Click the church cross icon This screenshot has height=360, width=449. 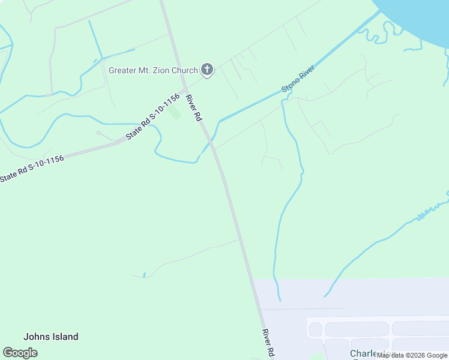click(207, 70)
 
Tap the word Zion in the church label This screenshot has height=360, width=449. click(161, 71)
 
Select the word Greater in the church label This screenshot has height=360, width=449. click(122, 71)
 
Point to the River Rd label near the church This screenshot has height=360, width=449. click(193, 109)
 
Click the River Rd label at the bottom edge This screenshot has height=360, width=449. click(268, 342)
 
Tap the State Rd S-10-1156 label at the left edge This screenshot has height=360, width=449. click(31, 167)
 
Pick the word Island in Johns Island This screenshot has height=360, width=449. click(65, 337)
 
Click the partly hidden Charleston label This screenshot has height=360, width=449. click(372, 353)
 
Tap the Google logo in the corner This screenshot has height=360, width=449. click(20, 353)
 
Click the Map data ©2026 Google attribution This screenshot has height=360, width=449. click(412, 355)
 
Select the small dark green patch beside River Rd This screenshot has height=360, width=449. click(174, 112)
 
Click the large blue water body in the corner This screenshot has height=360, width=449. click(420, 18)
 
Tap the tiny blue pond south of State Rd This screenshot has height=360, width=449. click(145, 275)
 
